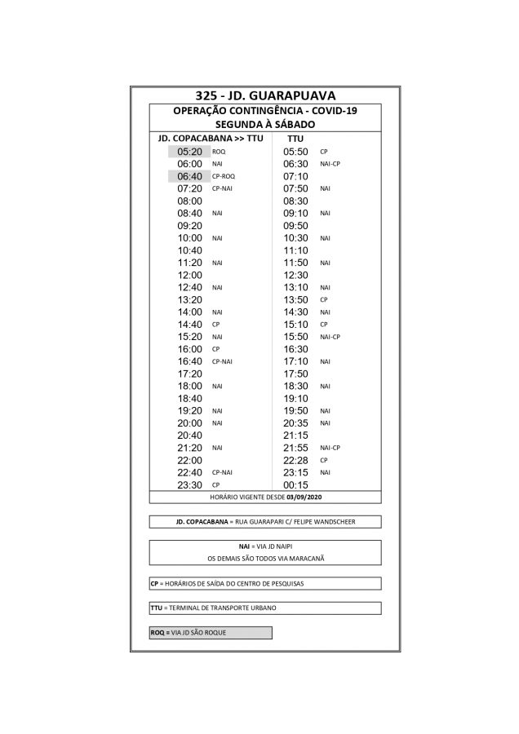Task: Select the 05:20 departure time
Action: point(189,152)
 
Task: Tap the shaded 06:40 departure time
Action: point(189,176)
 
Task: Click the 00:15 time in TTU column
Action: point(295,485)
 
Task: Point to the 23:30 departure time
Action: point(189,485)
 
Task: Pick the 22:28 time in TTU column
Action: point(295,461)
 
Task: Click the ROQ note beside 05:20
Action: point(219,152)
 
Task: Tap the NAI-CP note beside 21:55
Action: point(330,448)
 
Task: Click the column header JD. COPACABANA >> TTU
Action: point(210,139)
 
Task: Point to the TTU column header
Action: point(295,139)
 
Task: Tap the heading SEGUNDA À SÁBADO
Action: point(264,125)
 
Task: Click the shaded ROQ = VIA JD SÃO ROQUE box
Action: point(210,633)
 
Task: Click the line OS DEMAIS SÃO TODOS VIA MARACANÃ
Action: point(264,559)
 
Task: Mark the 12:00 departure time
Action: point(189,275)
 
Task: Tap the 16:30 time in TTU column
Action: point(295,349)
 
